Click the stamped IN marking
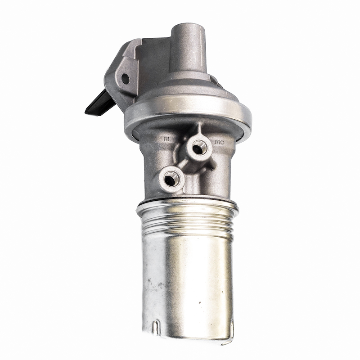167,139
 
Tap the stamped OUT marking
219,142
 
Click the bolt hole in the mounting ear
125,78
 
